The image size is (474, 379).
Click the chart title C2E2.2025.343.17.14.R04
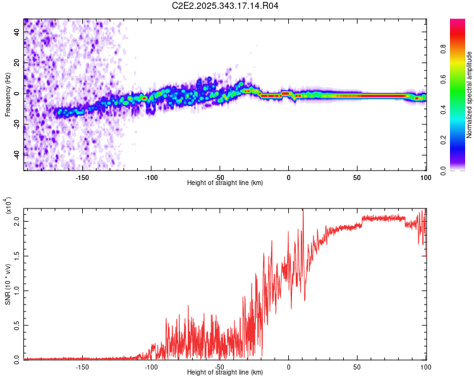click(226, 6)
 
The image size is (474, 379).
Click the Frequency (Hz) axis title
click(8, 94)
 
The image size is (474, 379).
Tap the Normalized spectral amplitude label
click(469, 95)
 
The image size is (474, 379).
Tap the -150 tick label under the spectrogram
click(82, 177)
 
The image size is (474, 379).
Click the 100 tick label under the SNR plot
click(425, 367)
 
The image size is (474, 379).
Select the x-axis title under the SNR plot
click(225, 373)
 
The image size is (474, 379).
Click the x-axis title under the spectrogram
click(225, 183)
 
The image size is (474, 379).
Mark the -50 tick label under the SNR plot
click(219, 367)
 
